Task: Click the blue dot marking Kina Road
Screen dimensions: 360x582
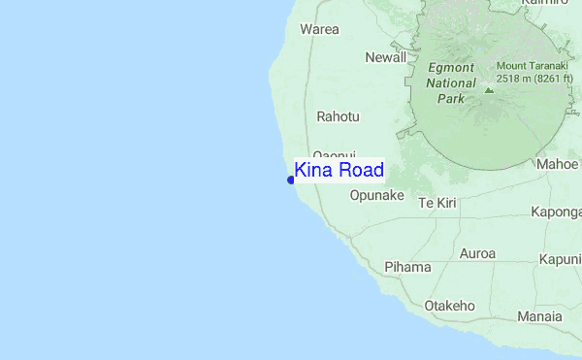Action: tap(291, 180)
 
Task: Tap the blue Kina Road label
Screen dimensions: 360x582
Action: tap(339, 171)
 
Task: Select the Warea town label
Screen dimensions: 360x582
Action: tap(319, 29)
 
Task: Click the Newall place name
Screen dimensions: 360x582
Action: tap(385, 57)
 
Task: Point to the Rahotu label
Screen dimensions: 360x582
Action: tap(338, 116)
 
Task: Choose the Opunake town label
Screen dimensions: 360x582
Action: tap(376, 195)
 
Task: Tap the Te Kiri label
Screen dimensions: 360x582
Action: tap(436, 203)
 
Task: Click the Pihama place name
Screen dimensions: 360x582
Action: tap(406, 266)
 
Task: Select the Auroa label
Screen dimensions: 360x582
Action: tap(477, 254)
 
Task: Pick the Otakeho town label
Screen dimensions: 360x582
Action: tap(449, 306)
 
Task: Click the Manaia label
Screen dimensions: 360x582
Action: tap(539, 316)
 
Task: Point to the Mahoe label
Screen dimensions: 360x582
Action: tap(558, 164)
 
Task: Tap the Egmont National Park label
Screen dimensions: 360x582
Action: tap(451, 83)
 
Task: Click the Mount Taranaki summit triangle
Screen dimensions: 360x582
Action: tap(489, 89)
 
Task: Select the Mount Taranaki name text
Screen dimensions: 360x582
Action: tap(532, 65)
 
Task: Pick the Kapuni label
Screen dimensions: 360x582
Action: tap(560, 259)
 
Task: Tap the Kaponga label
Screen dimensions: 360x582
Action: tap(556, 212)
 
